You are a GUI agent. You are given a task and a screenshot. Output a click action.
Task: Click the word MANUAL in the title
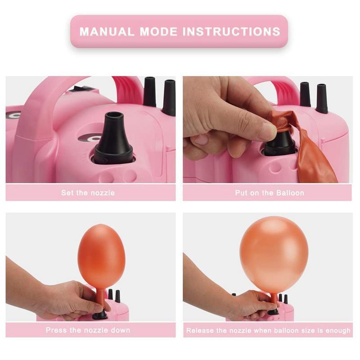(x=107, y=31)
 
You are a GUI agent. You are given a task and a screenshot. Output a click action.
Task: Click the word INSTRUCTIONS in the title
(x=231, y=31)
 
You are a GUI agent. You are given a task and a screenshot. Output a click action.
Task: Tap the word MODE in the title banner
(x=158, y=31)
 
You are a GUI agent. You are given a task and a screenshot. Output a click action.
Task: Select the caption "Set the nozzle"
(x=88, y=193)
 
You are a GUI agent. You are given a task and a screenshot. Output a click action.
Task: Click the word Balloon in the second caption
(x=290, y=193)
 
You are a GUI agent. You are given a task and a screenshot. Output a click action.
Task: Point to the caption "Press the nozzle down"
(x=88, y=330)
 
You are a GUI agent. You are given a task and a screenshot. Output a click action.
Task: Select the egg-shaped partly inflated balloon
(x=101, y=256)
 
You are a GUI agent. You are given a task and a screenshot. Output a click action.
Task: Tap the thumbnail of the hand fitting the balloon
(x=268, y=130)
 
